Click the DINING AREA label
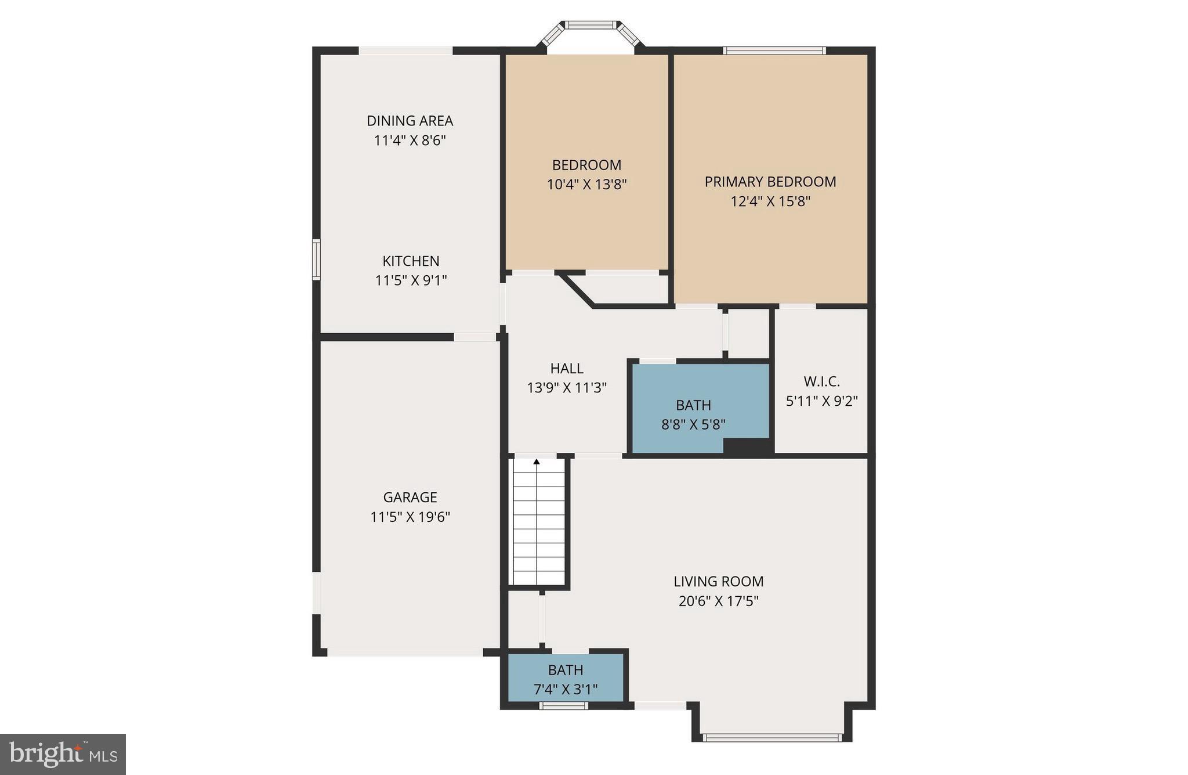click(x=410, y=121)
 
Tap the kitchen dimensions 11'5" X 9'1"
click(x=411, y=280)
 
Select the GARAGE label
click(x=410, y=497)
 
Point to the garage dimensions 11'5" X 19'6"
click(x=410, y=517)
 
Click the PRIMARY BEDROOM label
click(x=770, y=182)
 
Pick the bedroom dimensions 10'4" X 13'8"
click(x=586, y=185)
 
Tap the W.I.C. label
click(x=821, y=381)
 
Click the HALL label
click(x=567, y=368)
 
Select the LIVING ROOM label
click(x=718, y=581)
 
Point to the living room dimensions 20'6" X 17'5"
click(x=718, y=601)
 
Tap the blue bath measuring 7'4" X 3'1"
click(x=565, y=679)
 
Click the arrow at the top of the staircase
click(x=537, y=462)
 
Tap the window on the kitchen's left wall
click(x=316, y=259)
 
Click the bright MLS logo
click(x=63, y=754)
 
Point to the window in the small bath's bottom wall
click(x=563, y=706)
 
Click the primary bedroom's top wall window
click(x=774, y=51)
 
